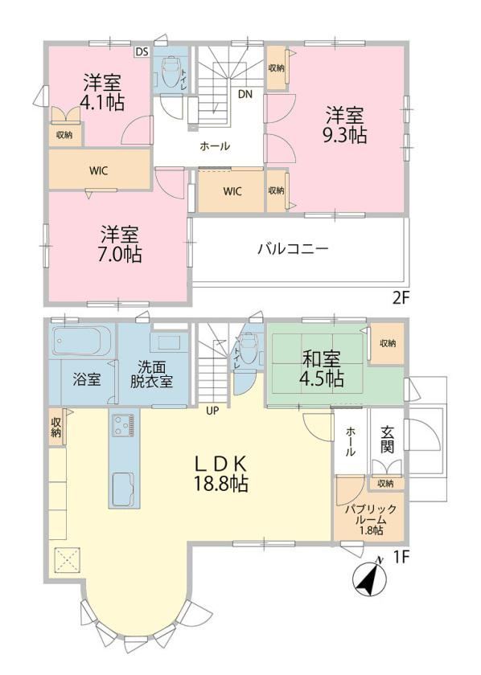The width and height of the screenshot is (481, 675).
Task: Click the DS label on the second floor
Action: pyautogui.click(x=142, y=52)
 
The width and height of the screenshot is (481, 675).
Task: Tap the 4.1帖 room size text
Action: pyautogui.click(x=103, y=103)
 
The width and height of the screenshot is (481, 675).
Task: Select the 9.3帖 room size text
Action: pyautogui.click(x=345, y=135)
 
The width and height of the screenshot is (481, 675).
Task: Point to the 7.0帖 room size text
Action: pyautogui.click(x=119, y=254)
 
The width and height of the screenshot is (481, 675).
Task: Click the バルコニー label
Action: pyautogui.click(x=293, y=249)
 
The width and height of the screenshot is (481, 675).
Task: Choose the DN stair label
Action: pyautogui.click(x=245, y=94)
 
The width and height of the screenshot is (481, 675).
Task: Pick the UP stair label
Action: pyautogui.click(x=212, y=411)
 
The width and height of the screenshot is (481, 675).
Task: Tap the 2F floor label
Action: pyautogui.click(x=400, y=298)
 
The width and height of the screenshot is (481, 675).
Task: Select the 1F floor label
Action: pyautogui.click(x=401, y=558)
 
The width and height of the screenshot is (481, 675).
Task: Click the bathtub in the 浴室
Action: pyautogui.click(x=81, y=341)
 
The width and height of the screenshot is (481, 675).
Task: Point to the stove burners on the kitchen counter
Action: pyautogui.click(x=124, y=425)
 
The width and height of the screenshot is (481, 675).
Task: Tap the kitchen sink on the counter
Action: pyautogui.click(x=124, y=489)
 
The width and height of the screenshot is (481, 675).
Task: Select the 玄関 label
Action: pyautogui.click(x=387, y=440)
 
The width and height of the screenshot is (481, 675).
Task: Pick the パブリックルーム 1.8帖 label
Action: pyautogui.click(x=370, y=520)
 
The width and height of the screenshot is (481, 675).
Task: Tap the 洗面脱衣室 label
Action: pyautogui.click(x=152, y=374)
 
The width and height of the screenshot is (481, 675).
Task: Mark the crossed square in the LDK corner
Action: pyautogui.click(x=67, y=560)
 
